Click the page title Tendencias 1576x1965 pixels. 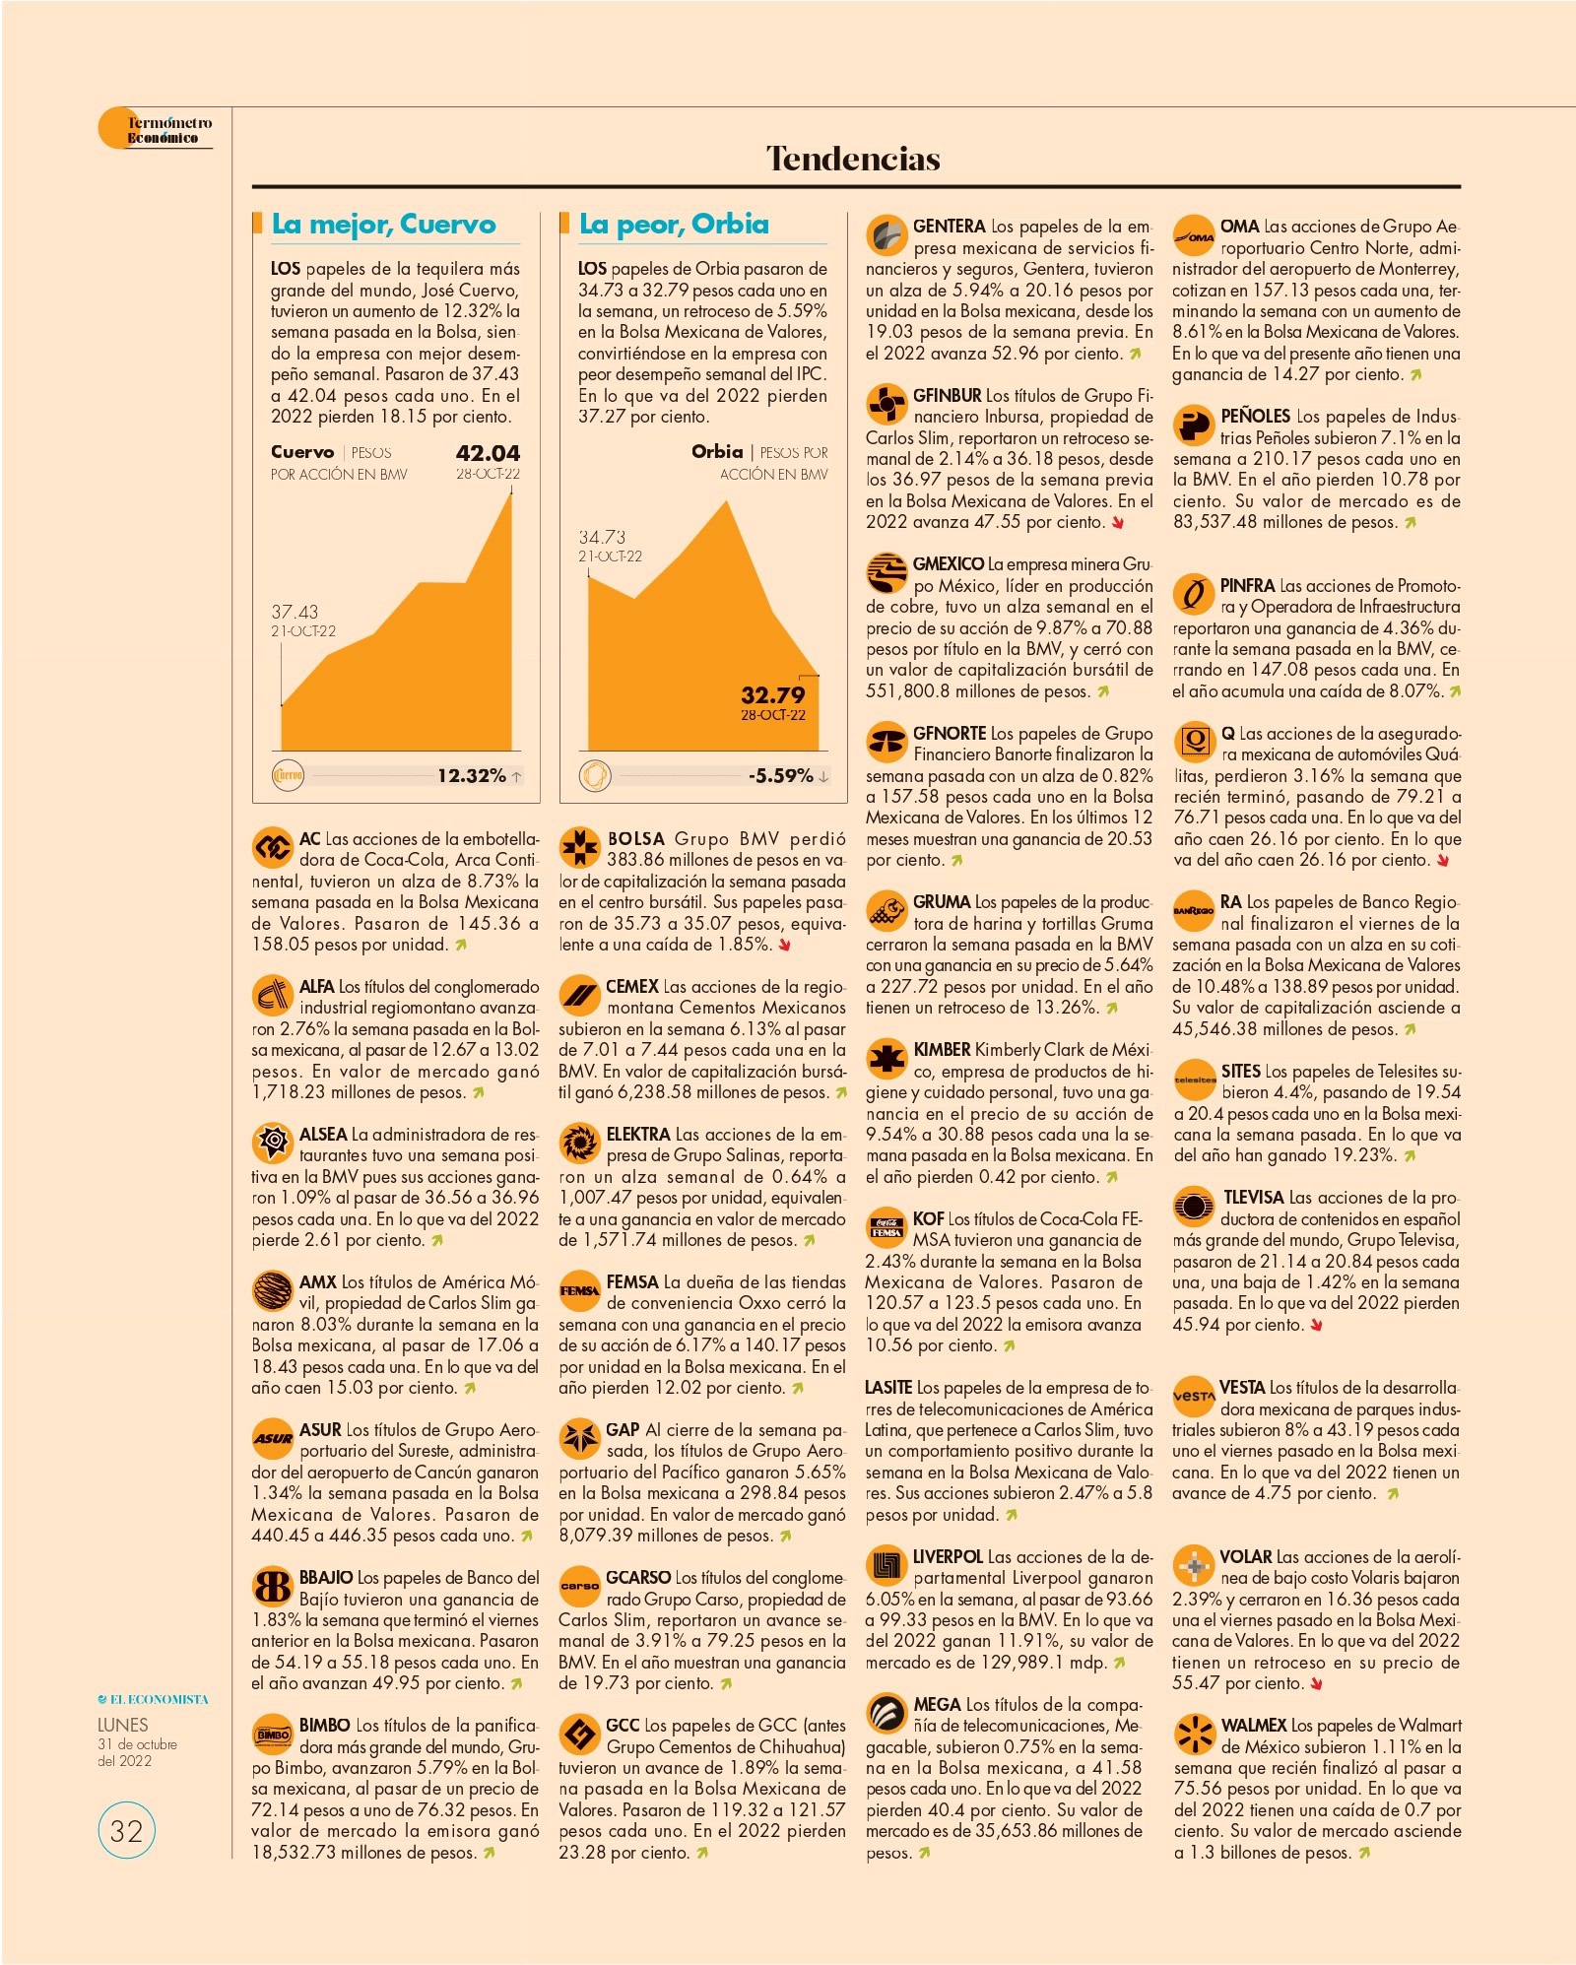853,159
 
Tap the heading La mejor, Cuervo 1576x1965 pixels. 384,225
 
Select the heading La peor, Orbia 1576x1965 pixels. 674,225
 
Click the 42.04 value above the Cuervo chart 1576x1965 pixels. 488,453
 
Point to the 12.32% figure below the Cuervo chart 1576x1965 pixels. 472,776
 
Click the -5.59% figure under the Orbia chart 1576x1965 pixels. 780,776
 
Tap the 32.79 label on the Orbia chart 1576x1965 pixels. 773,694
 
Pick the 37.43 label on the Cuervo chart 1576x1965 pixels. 295,612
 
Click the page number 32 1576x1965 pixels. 126,1830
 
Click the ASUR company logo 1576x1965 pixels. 273,1439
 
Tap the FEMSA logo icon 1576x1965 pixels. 579,1291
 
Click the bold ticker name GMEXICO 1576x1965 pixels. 948,564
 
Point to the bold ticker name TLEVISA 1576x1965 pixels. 1253,1198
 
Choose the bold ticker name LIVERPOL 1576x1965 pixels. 948,1556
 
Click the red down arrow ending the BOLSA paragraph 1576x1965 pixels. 785,946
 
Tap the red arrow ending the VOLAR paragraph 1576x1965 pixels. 1316,1684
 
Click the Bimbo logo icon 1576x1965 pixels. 273,1735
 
